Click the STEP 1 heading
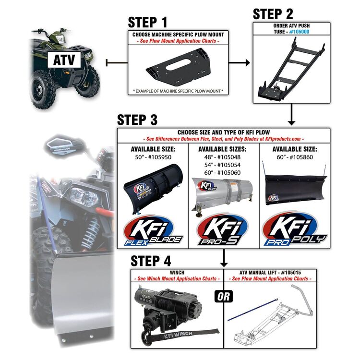[x=149, y=23]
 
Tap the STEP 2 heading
[x=273, y=13]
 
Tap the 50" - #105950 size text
[x=153, y=157]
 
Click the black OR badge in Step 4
[x=224, y=296]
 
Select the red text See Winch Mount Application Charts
[x=177, y=279]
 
